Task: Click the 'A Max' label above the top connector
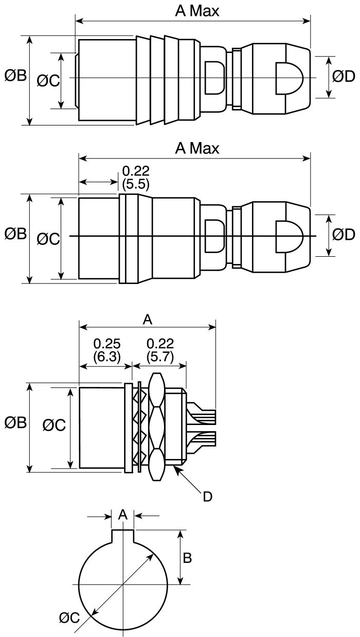(197, 11)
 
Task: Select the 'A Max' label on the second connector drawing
(197, 148)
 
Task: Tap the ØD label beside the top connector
(343, 77)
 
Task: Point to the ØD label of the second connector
(343, 235)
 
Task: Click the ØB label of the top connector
(15, 76)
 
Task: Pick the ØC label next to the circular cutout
(69, 618)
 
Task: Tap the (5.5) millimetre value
(136, 184)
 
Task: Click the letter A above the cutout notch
(122, 515)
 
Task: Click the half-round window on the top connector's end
(288, 78)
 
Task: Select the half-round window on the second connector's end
(288, 236)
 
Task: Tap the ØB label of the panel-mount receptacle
(15, 423)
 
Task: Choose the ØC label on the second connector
(48, 238)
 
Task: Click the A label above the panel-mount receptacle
(147, 320)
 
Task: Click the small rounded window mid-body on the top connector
(214, 78)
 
